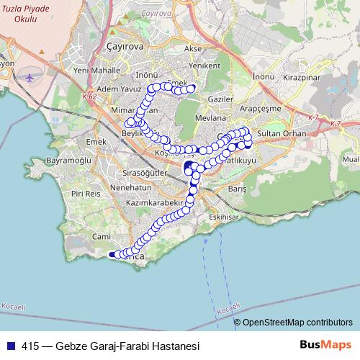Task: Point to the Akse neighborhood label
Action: pyautogui.click(x=193, y=49)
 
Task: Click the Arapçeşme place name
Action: pyautogui.click(x=274, y=111)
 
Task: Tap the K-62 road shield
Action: pyautogui.click(x=89, y=97)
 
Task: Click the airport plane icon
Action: pyautogui.click(x=30, y=77)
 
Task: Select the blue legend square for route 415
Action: pyautogui.click(x=11, y=345)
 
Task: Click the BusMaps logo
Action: pyautogui.click(x=325, y=344)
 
